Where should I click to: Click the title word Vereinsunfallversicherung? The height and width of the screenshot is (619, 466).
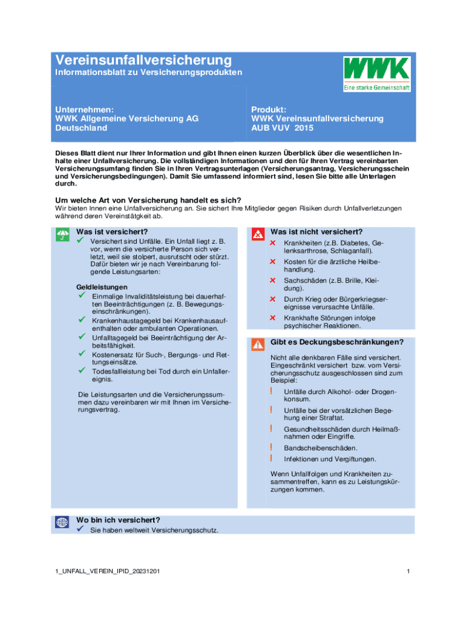tap(143, 60)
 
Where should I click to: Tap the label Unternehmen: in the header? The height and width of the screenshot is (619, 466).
tap(84, 109)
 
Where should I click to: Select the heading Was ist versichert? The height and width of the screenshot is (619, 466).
tap(112, 232)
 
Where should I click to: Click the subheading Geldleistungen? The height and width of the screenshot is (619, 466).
tap(101, 286)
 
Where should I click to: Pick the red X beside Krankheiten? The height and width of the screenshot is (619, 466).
tap(272, 243)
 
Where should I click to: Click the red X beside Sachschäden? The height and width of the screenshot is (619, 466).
tap(272, 280)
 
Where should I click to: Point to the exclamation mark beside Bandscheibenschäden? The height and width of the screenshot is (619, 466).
tap(272, 447)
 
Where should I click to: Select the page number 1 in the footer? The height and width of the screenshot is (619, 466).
tap(409, 571)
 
